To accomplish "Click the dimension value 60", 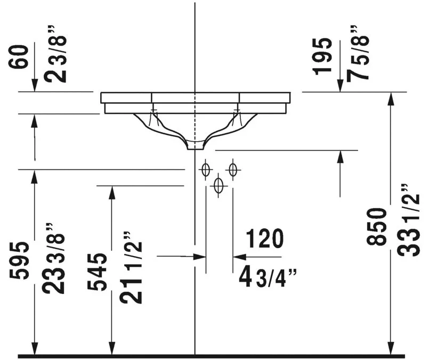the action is (x=19, y=57).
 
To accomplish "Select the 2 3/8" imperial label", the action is (x=55, y=54).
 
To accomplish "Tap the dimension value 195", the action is (x=322, y=56).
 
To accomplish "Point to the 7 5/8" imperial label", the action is (x=358, y=54).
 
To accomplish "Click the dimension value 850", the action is (x=376, y=227).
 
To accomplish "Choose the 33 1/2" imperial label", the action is (x=408, y=220).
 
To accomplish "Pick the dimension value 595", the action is (x=19, y=260).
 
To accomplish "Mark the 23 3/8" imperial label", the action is (x=53, y=259).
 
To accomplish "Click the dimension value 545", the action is (x=97, y=272).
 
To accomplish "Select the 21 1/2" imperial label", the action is (x=131, y=268).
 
